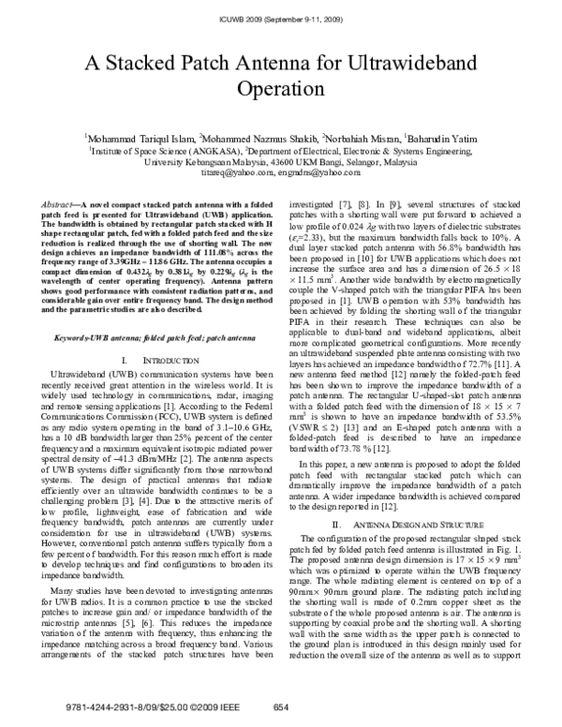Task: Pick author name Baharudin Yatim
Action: click(x=441, y=137)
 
